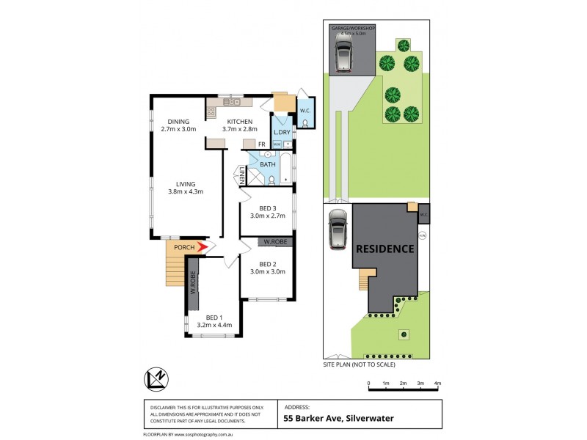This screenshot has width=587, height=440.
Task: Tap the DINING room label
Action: tap(178, 122)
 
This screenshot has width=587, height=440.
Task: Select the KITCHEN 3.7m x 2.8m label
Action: tap(239, 125)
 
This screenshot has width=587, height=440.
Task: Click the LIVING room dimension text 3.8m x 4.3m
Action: tap(184, 192)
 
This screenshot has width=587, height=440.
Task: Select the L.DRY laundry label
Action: tap(282, 132)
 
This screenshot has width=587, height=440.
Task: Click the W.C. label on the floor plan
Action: tap(306, 111)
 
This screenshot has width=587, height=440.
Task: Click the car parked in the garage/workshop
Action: tap(343, 53)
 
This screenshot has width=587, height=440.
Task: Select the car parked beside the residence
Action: tap(338, 230)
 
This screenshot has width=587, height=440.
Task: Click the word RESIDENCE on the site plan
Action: tap(385, 249)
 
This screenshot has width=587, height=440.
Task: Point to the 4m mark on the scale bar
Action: tap(438, 384)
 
